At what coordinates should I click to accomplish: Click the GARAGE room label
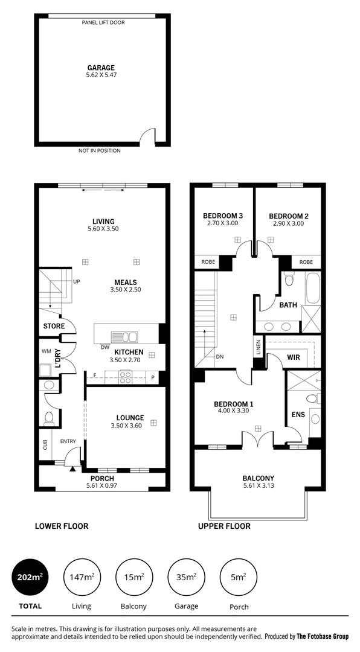tap(100, 68)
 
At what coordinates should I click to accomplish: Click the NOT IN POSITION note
tap(99, 150)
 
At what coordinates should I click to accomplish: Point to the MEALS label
tap(126, 282)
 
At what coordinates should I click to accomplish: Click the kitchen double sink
tap(124, 337)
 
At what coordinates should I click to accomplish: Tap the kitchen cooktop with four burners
tap(126, 377)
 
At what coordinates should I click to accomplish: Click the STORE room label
tap(53, 327)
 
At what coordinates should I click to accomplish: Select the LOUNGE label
tap(130, 417)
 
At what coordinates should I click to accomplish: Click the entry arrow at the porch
tap(72, 468)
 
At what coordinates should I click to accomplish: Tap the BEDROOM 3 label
tap(223, 216)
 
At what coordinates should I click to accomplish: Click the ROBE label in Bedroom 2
tap(306, 262)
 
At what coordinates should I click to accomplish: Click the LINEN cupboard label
tap(257, 349)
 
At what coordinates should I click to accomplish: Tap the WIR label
tap(294, 357)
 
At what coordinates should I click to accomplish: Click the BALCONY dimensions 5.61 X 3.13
tap(258, 486)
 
